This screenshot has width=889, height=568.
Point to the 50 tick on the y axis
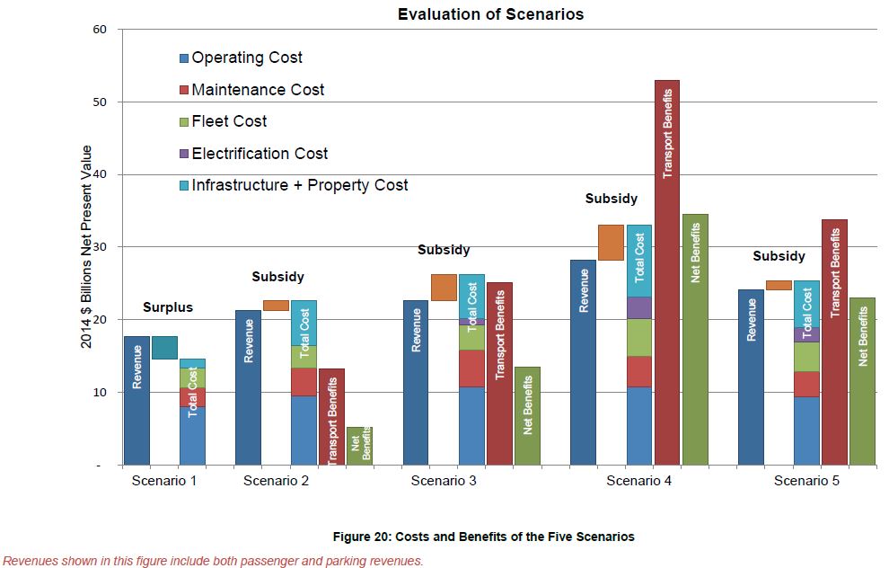100,102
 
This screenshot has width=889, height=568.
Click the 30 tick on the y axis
100,247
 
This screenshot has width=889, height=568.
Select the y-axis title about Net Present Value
87,247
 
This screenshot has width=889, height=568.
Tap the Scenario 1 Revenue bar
136,400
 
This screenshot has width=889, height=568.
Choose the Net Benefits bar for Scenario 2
359,446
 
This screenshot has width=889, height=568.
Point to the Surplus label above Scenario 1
168,307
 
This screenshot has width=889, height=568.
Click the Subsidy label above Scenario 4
611,199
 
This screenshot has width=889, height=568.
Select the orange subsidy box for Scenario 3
444,288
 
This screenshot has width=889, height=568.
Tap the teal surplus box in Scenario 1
164,347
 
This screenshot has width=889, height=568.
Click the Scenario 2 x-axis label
277,480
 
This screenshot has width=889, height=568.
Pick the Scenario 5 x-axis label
807,480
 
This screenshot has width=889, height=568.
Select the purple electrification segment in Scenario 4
639,307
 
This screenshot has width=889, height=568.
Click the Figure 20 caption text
483,537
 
